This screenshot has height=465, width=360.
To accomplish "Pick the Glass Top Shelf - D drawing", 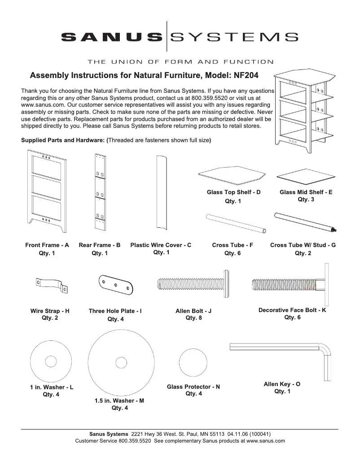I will click(x=233, y=176).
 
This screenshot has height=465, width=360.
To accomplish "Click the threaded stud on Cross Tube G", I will click(x=334, y=230).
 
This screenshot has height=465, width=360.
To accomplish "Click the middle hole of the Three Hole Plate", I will click(x=115, y=285).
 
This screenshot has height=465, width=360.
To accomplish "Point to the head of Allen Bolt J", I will click(x=225, y=284).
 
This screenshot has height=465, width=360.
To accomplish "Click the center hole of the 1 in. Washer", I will click(x=50, y=361).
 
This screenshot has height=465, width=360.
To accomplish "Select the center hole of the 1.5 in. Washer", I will click(x=120, y=362).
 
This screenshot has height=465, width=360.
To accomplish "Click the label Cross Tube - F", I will click(x=233, y=245).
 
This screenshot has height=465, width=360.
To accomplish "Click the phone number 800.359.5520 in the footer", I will click(x=135, y=441).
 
